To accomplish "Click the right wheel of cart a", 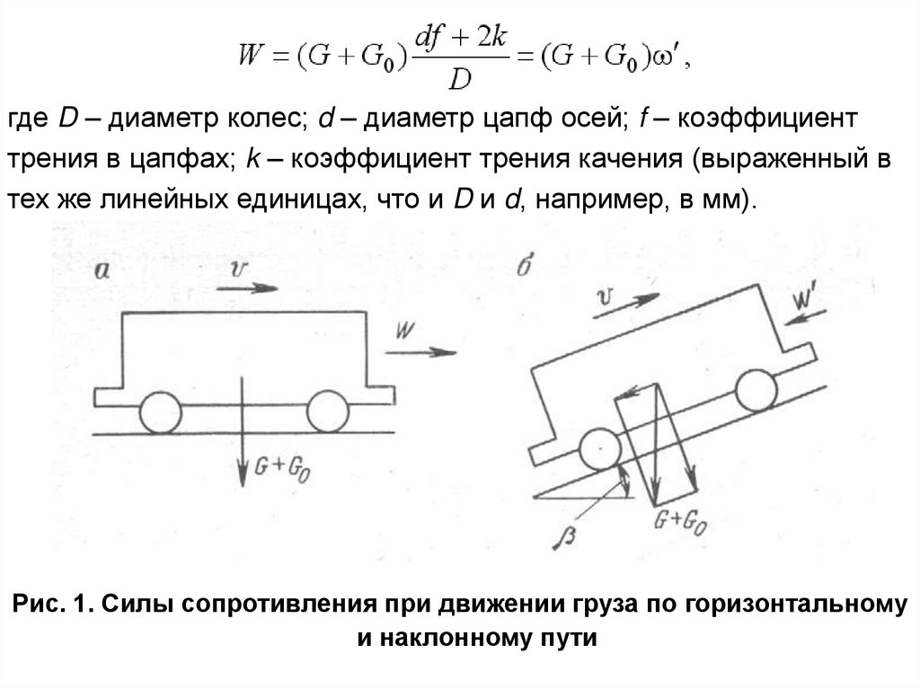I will (x=327, y=411).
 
